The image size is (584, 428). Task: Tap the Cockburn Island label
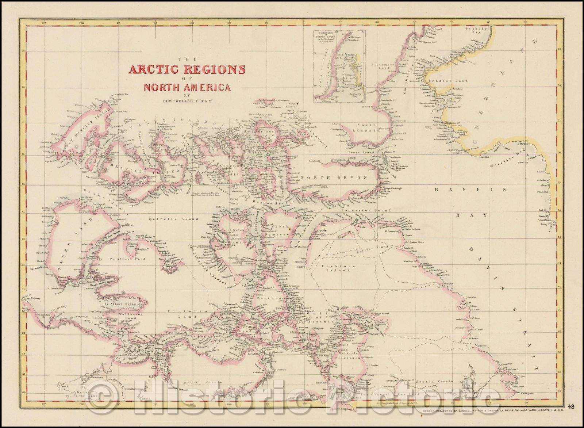334,269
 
